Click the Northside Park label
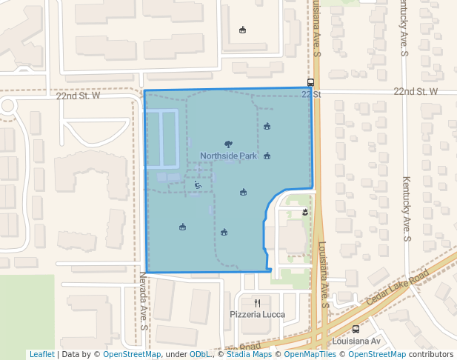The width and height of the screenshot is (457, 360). pos(228,156)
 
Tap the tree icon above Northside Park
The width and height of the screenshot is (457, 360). pos(228,144)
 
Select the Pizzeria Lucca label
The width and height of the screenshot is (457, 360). pos(257,314)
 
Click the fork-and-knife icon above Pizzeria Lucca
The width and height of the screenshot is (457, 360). pos(257,303)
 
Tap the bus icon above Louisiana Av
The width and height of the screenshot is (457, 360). pos(356,329)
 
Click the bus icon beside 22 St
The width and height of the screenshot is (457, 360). pos(310,83)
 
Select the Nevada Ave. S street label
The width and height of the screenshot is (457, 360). pos(144,299)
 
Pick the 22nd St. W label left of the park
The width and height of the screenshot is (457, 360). pos(78,96)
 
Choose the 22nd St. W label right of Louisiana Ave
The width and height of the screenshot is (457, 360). pos(416,91)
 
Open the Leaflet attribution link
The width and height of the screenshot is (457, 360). pos(41,354)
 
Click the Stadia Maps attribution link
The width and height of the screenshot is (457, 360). pos(248,354)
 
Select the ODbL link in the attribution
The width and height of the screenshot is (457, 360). pos(201,354)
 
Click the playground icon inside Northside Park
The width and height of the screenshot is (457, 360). pos(198,185)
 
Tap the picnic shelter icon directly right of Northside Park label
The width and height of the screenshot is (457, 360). pos(267,156)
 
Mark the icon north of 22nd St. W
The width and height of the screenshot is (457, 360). pos(243,30)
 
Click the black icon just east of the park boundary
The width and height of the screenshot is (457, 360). pos(304,213)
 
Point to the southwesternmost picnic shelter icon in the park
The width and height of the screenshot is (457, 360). pos(182,227)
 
